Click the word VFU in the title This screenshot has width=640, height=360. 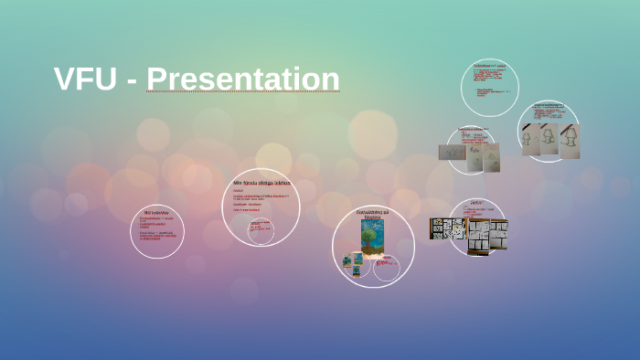pyautogui.click(x=85, y=79)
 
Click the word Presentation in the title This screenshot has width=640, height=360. pyautogui.click(x=243, y=79)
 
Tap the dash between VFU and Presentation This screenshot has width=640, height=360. pyautogui.click(x=132, y=82)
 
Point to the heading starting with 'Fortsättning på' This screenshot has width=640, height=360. pyautogui.click(x=372, y=214)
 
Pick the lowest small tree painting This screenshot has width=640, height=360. pyautogui.click(x=357, y=270)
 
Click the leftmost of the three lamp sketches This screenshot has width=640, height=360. pyautogui.click(x=531, y=140)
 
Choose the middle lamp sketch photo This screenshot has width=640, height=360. pyautogui.click(x=550, y=140)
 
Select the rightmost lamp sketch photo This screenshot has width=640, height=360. pyautogui.click(x=570, y=141)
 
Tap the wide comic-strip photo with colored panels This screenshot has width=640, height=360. pyautogui.click(x=449, y=228)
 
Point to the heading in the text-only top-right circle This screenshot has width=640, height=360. pyautogui.click(x=489, y=67)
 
